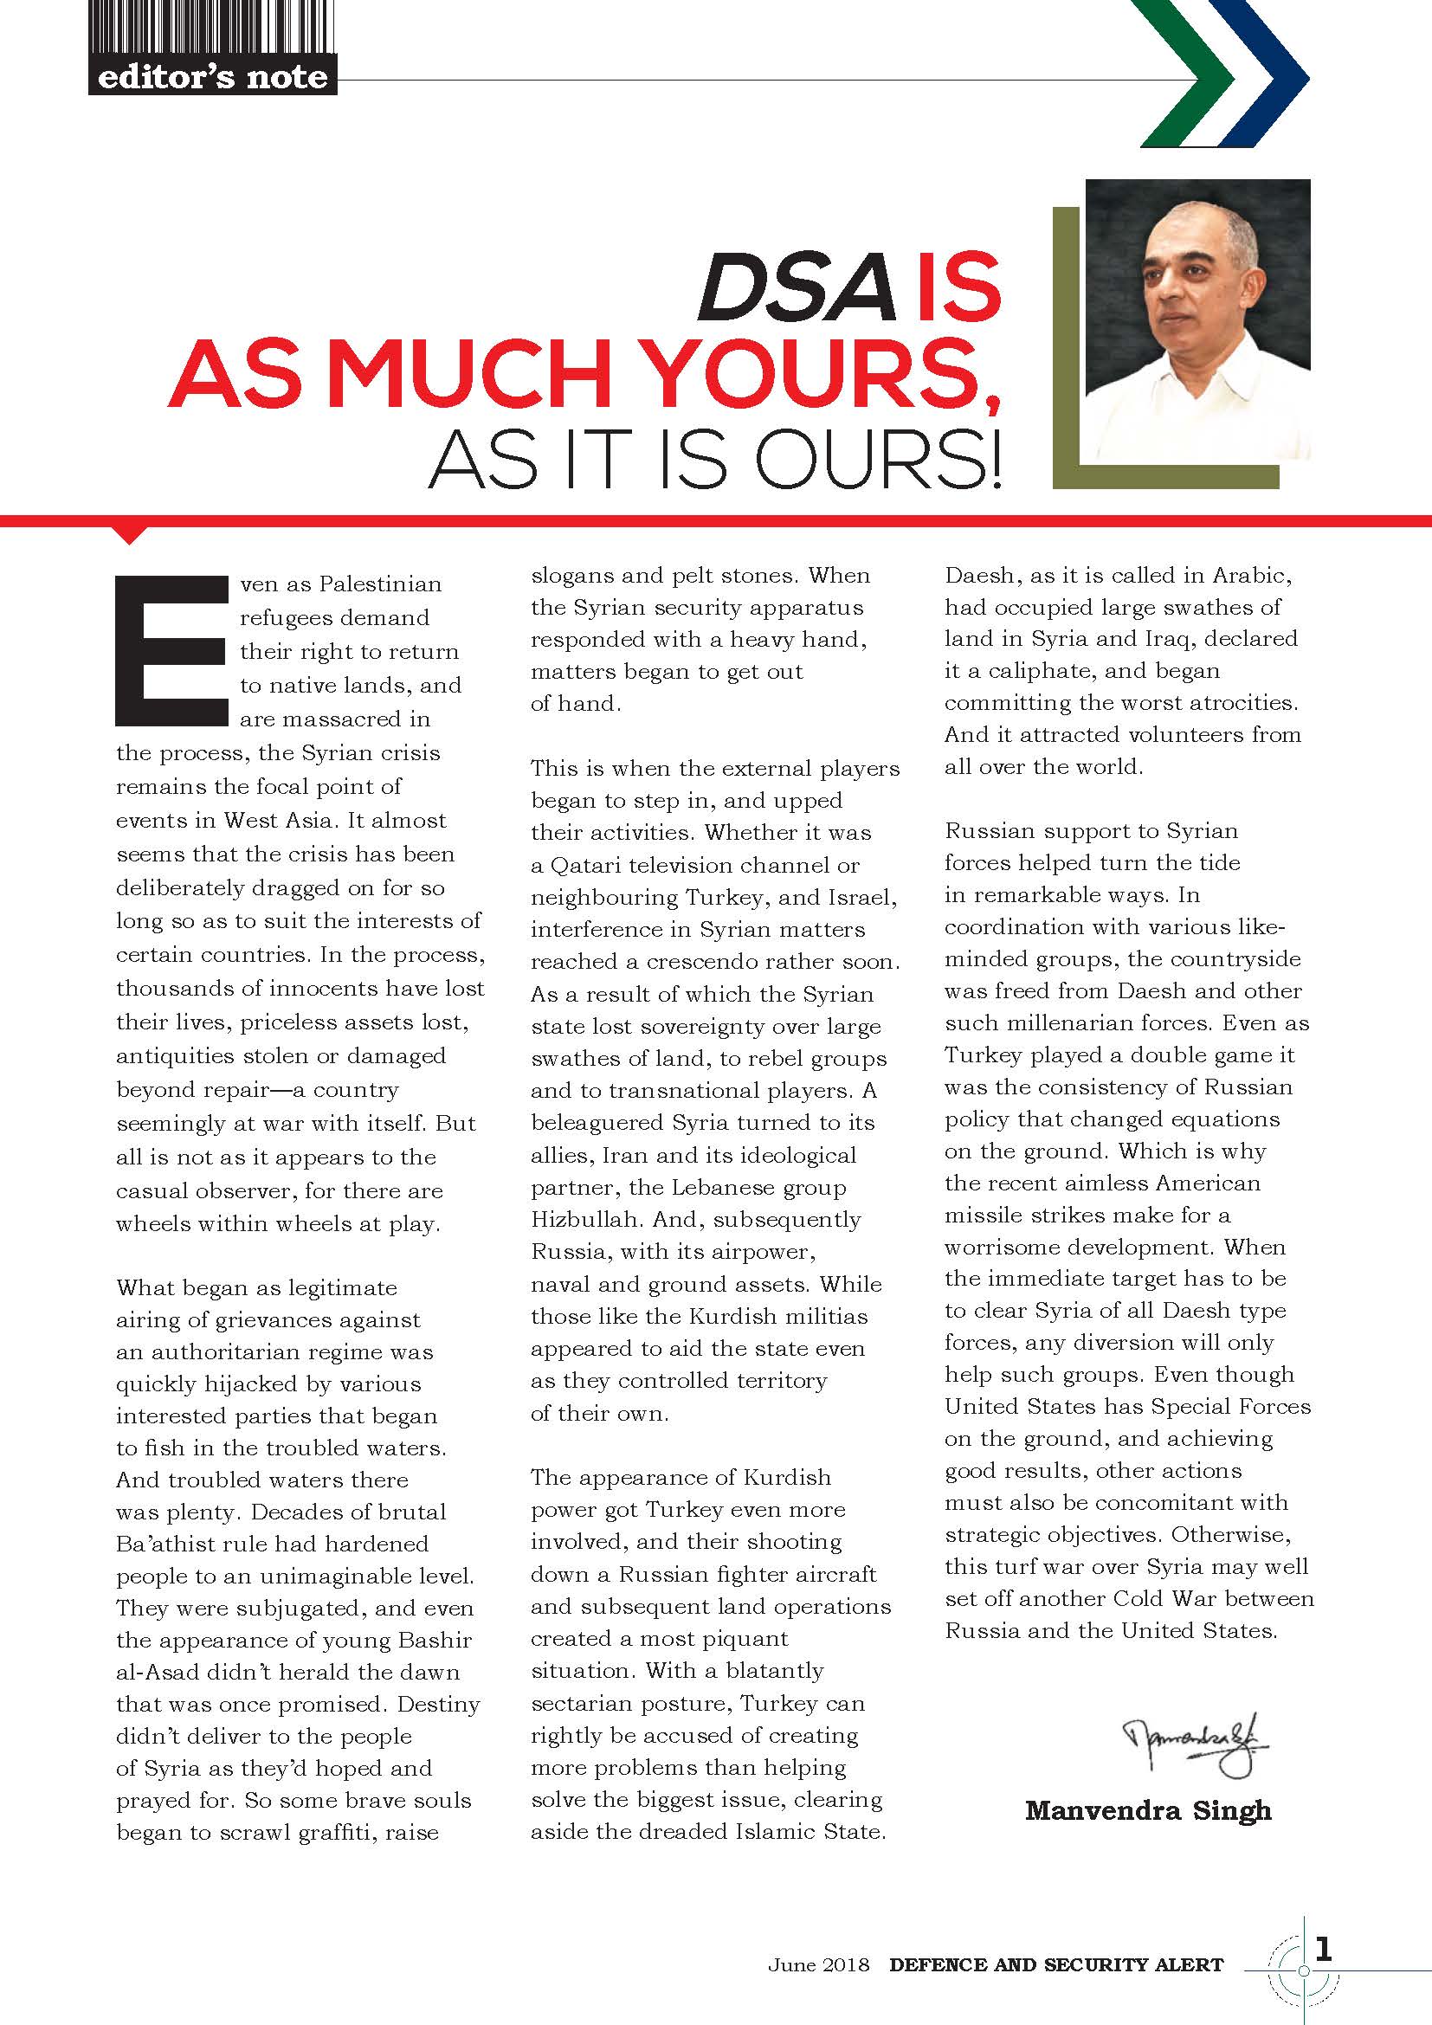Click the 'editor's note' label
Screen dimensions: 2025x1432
tap(211, 78)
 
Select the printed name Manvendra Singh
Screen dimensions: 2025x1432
tap(1148, 1810)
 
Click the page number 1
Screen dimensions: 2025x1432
tap(1323, 1948)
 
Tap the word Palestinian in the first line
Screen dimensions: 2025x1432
tap(380, 584)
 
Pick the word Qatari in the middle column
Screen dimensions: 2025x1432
tap(585, 865)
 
